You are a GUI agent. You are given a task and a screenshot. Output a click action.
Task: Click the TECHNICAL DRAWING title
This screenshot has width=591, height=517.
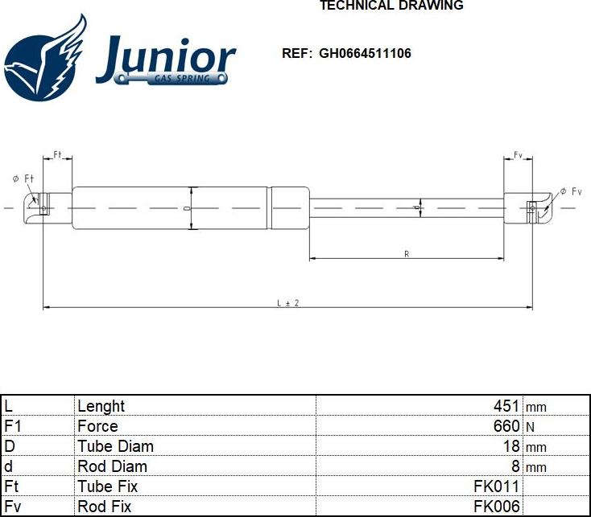pos(391,6)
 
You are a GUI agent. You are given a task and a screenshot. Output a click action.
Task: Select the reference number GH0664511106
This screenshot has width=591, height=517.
pos(365,54)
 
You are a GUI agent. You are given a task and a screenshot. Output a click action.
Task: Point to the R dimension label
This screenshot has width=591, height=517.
pos(407,254)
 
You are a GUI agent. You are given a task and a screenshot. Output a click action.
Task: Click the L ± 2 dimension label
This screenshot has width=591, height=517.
pos(287,302)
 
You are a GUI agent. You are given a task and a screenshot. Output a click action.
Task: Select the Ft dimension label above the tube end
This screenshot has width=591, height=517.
pos(58,154)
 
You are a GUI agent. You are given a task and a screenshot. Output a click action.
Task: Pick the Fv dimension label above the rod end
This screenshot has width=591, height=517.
pos(519,154)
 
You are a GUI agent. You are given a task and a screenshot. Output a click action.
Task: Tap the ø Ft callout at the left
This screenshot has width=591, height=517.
pos(23,178)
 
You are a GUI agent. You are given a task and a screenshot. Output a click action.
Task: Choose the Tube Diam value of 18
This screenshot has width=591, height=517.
pos(511,446)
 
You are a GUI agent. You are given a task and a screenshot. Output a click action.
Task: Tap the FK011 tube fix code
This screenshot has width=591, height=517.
pos(496,486)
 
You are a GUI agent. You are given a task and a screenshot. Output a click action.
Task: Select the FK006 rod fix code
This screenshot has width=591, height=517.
pos(496,507)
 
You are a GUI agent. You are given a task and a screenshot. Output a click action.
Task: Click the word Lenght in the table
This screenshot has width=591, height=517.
pos(101,407)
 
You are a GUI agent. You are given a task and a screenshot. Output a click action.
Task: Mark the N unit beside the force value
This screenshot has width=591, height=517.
pos(530,426)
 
